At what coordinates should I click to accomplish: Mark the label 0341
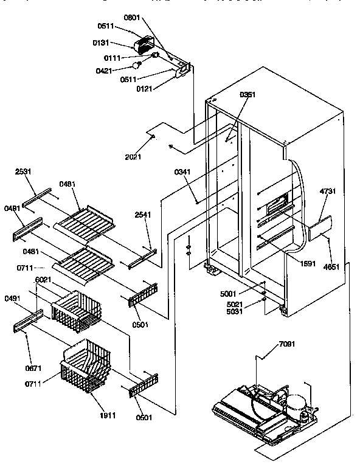tap(182, 172)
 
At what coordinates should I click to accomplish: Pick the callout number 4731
tap(328, 192)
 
